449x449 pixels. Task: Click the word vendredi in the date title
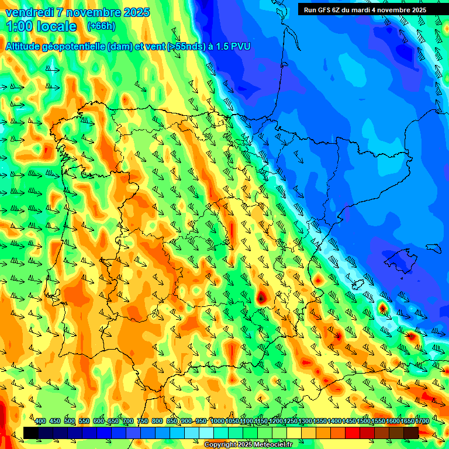coord(29,12)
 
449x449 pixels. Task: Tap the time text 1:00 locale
coord(41,27)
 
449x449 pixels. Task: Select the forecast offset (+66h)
coord(101,26)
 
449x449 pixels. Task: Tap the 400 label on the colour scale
coord(40,422)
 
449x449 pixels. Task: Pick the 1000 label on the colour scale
coord(217,422)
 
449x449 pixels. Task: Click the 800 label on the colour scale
coord(157,422)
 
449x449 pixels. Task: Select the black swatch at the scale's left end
coord(31,433)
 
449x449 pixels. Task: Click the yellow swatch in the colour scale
coord(294,433)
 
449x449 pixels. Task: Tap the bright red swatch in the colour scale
coord(353,433)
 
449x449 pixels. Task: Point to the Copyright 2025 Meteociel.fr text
coord(248,444)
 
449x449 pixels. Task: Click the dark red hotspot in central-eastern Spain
coord(261,298)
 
